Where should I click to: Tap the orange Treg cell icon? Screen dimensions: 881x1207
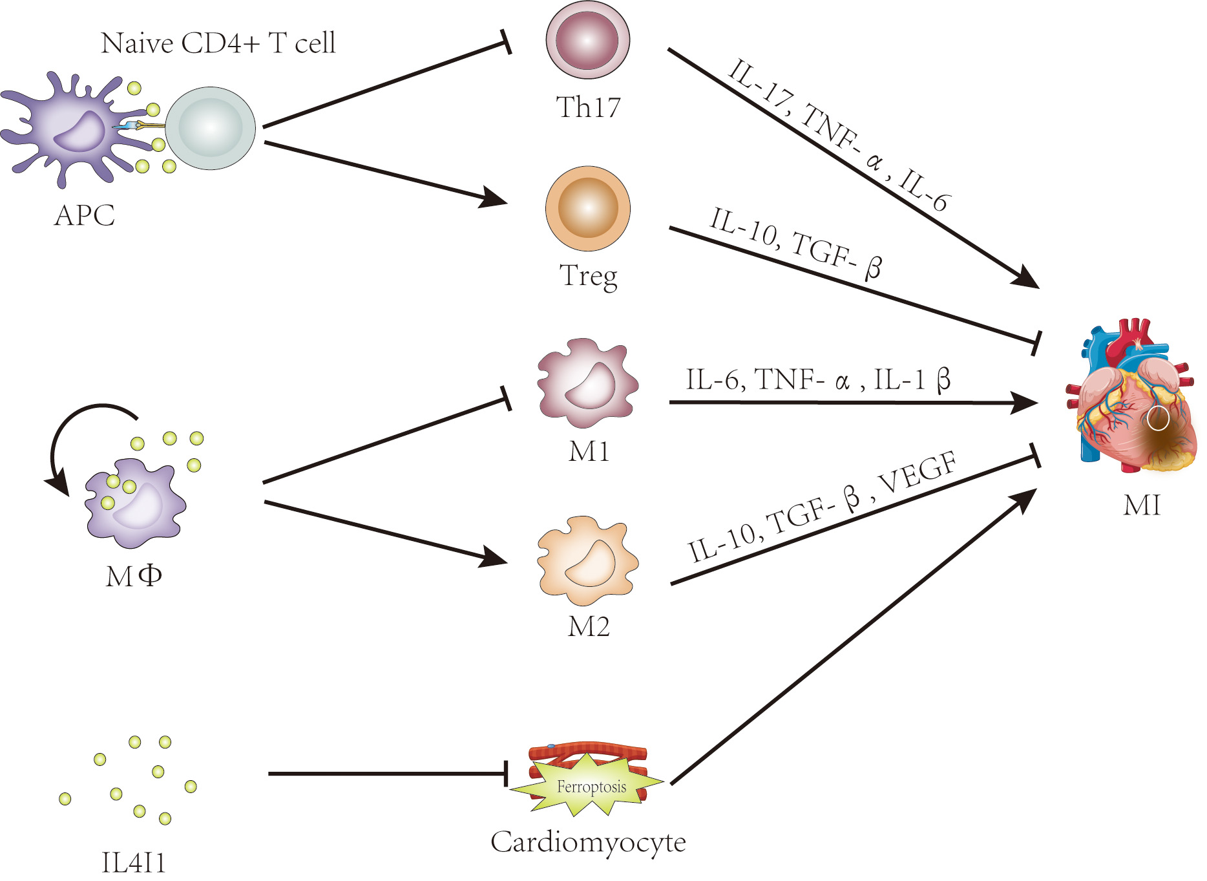pos(587,209)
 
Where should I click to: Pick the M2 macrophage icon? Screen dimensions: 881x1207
pos(587,560)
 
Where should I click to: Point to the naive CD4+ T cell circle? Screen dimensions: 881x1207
pos(210,129)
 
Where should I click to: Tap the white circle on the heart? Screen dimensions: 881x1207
pos(1158,419)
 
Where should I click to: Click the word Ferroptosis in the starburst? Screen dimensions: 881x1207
pos(591,787)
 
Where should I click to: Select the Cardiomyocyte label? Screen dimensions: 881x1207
pos(587,842)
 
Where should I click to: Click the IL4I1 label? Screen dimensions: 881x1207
pos(134,863)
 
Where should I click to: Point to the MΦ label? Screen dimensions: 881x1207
pos(134,575)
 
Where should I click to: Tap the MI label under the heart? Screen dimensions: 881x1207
pos(1142,505)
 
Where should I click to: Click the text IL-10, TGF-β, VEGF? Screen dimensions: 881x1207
pos(821,508)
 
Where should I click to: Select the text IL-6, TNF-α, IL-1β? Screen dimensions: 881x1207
pos(817,380)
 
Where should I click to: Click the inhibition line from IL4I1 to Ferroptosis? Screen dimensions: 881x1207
pos(388,774)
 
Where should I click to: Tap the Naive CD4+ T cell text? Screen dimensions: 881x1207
pos(218,43)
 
